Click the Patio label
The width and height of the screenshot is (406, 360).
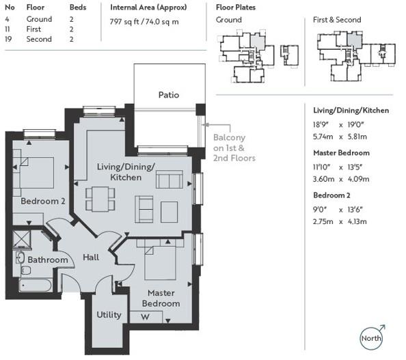click(168, 95)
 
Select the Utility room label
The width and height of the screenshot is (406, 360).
click(109, 315)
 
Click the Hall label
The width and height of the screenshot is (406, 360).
click(91, 258)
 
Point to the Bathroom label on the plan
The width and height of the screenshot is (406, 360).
click(47, 260)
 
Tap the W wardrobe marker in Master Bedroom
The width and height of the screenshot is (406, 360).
click(144, 316)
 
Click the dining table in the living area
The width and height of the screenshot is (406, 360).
click(100, 198)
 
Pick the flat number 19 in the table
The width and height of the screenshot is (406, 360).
click(9, 40)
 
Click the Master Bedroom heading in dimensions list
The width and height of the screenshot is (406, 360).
click(341, 152)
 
